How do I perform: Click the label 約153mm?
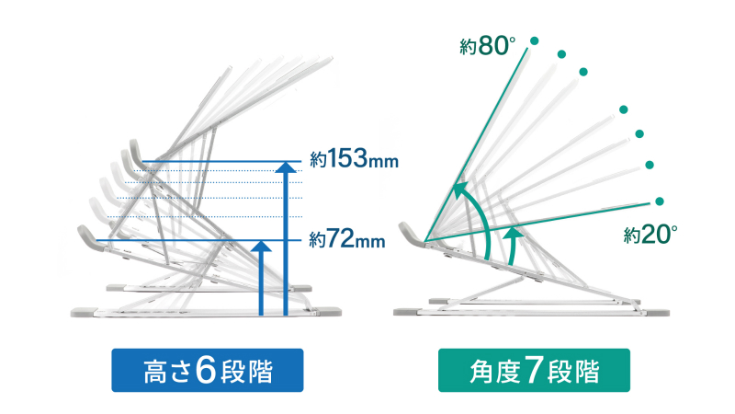[x=354, y=161]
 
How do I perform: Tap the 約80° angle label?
[x=487, y=46]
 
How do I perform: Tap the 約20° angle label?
[x=650, y=235]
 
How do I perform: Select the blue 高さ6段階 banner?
[x=208, y=371]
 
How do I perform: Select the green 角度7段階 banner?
[x=533, y=371]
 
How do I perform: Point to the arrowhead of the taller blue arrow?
[x=288, y=167]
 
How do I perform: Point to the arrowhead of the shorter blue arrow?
[x=262, y=246]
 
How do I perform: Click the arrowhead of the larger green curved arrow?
[x=458, y=192]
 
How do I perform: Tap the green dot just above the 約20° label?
[x=659, y=201]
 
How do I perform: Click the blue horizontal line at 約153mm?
[x=220, y=162]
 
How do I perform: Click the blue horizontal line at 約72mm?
[x=184, y=240]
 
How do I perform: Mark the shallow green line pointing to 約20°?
[x=551, y=220]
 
